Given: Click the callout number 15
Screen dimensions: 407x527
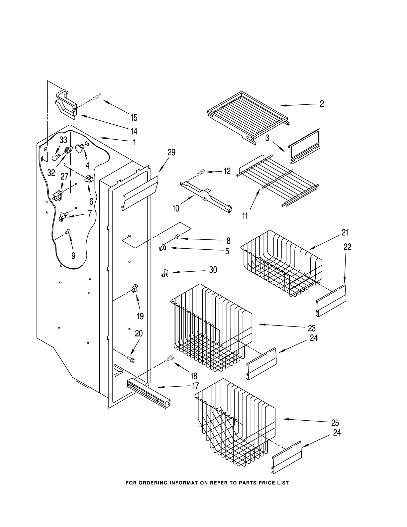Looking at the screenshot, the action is point(134,118).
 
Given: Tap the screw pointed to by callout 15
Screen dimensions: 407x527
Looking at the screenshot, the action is point(97,96).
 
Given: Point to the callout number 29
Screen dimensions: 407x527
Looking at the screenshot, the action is point(171,152).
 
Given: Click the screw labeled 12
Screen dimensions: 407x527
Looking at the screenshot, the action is point(201,173).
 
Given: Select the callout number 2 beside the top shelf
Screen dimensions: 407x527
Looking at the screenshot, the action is point(322,104).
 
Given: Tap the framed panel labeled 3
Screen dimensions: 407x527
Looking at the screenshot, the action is point(305,146).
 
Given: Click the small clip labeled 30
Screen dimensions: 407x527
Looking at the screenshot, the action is point(164,273).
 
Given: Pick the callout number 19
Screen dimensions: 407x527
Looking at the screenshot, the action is point(140,316).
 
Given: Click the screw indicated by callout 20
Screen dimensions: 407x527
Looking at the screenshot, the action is point(131,359).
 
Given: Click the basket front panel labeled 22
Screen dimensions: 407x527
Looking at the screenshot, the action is point(331,301).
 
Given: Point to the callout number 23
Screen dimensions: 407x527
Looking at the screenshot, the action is point(312,328).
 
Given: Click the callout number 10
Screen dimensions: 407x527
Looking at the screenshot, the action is point(176,208).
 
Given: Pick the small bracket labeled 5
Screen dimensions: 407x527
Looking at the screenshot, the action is point(162,248).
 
